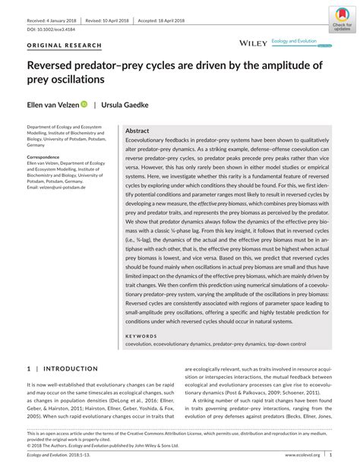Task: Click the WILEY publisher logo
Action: pos(252,46)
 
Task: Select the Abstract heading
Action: pos(137,131)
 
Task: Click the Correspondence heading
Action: pos(48,156)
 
